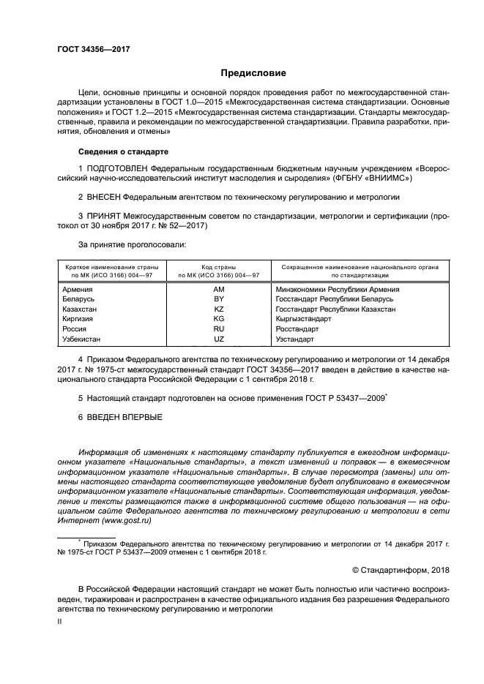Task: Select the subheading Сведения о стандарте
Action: [123, 151]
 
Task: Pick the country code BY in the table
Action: [217, 300]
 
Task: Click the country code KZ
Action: [217, 309]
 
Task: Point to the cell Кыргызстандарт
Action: [307, 320]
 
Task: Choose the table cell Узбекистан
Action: [82, 339]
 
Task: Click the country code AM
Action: [217, 290]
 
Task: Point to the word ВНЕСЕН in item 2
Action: [103, 198]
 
